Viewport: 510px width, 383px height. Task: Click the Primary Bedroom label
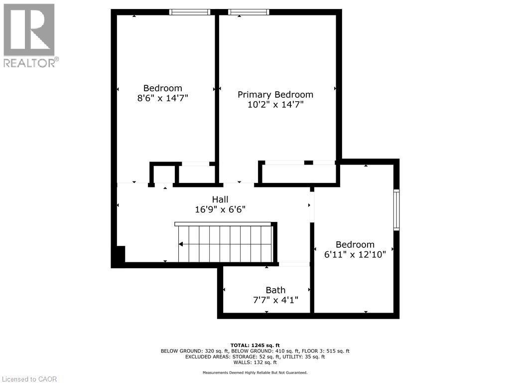coord(275,94)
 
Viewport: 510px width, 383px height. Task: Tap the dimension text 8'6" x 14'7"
coord(162,98)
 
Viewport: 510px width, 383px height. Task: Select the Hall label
coord(220,199)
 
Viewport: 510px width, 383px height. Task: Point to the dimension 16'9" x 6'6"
coord(220,210)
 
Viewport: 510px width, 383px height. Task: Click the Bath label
coord(275,290)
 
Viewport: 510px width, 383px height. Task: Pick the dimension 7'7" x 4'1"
coord(275,300)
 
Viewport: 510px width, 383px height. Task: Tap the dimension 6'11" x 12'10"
coord(355,254)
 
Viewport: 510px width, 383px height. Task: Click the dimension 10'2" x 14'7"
coord(275,105)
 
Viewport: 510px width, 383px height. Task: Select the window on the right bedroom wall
coord(396,209)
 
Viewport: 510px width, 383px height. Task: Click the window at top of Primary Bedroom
coord(249,12)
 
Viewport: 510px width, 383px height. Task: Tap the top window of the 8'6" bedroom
coord(190,12)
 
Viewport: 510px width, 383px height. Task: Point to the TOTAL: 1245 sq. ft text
coord(255,345)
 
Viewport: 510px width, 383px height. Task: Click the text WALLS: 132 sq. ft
coord(255,363)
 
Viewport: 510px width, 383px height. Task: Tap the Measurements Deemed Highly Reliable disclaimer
coord(255,373)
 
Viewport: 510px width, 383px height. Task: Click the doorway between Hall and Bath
coord(294,264)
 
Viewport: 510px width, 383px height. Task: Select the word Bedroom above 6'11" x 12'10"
coord(355,244)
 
